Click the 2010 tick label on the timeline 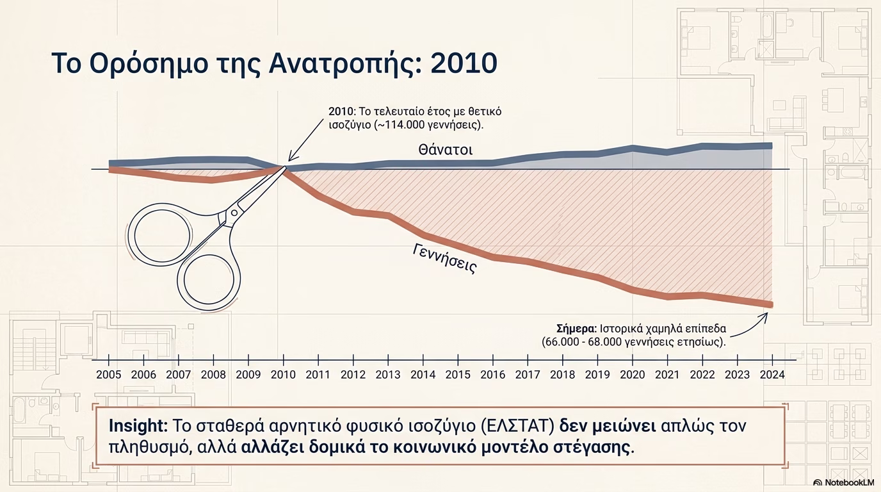click(x=283, y=374)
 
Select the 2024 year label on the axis click(x=772, y=374)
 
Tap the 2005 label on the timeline click(x=109, y=374)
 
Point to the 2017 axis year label click(x=528, y=374)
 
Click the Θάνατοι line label click(x=445, y=150)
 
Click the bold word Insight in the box click(x=138, y=426)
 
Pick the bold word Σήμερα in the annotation click(x=577, y=329)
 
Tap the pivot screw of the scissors click(x=234, y=213)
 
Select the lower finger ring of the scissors click(x=209, y=280)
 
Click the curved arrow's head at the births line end click(x=765, y=316)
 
